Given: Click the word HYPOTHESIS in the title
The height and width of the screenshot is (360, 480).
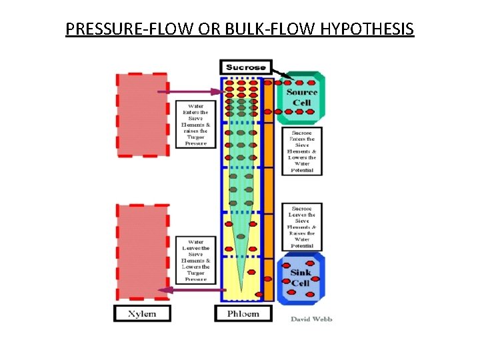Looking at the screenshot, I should click(x=367, y=30).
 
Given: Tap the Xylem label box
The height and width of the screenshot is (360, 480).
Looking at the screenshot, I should click(x=141, y=313).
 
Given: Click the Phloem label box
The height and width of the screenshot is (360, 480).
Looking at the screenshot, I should click(x=245, y=313).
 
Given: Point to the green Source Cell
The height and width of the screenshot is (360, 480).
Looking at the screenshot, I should click(x=301, y=98).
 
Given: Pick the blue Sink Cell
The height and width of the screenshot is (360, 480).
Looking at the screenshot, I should click(x=301, y=277).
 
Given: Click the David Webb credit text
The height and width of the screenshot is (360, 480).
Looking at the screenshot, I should click(x=311, y=319).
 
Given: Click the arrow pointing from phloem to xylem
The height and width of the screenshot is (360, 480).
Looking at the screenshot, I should click(x=193, y=289).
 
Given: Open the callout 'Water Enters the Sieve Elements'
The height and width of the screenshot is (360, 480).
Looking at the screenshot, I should click(x=195, y=124).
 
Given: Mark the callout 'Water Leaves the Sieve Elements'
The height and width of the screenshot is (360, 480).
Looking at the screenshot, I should click(x=195, y=261).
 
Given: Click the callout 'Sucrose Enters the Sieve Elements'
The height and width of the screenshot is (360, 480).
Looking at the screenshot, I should click(x=302, y=152).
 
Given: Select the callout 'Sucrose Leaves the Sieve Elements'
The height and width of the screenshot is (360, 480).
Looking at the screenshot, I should click(x=302, y=227).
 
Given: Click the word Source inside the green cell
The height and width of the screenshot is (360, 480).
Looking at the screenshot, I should click(x=302, y=92).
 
